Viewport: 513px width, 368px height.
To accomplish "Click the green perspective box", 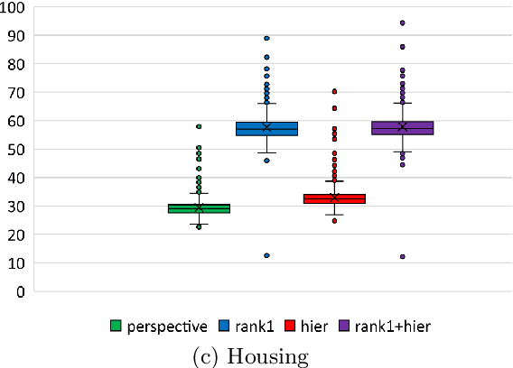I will tap(199, 208).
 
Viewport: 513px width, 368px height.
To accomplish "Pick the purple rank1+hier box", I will tap(402, 128).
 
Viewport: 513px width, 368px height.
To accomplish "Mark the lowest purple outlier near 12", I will tap(402, 257).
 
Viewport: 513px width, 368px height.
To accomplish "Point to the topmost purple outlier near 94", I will tap(402, 23).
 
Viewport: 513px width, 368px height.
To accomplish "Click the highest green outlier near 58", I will tap(199, 126).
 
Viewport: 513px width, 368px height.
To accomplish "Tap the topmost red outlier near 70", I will tap(334, 91).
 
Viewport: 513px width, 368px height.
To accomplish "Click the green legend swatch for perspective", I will tap(117, 326).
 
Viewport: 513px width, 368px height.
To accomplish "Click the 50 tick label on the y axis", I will tap(19, 149).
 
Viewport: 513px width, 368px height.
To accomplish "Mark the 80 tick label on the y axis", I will tap(19, 64).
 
